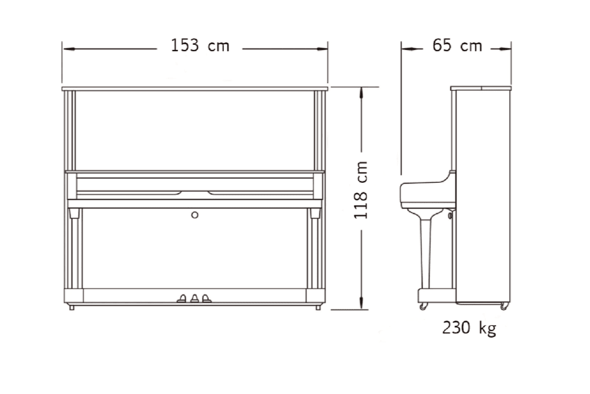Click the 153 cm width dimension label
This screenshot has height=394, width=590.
200,45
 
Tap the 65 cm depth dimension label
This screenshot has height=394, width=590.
457,45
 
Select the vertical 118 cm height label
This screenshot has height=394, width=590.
361,190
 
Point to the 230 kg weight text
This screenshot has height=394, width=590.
469,328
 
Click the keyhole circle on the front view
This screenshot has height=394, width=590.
194,215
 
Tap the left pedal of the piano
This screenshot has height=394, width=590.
182,299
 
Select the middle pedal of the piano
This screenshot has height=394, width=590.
194,299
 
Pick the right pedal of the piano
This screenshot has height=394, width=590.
207,299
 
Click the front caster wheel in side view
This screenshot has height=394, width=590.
424,306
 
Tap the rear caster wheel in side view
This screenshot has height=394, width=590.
504,306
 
